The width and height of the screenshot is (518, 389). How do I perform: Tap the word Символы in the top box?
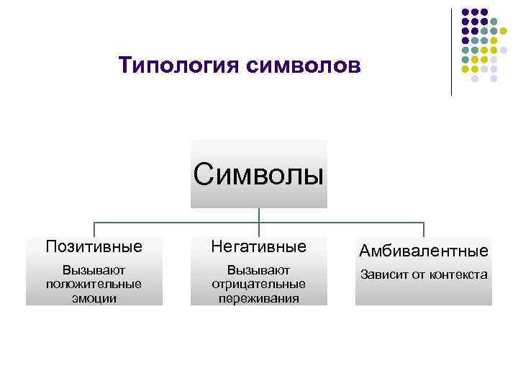point(258,174)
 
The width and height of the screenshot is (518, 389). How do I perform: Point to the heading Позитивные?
point(94,246)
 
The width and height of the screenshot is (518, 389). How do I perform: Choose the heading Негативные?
point(258,246)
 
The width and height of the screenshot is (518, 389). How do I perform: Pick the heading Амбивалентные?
point(424,251)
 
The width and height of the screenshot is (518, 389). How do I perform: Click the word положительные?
point(94,284)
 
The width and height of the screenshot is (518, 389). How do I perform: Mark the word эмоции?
point(94,298)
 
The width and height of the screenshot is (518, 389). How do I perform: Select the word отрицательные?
point(258,284)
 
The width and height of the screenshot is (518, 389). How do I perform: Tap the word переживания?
point(258,298)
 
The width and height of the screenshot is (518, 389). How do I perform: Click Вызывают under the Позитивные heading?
point(94,270)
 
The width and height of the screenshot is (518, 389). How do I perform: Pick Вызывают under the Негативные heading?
point(258,270)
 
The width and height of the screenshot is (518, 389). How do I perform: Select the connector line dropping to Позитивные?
point(94,228)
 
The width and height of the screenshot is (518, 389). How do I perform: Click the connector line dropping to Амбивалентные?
point(424,228)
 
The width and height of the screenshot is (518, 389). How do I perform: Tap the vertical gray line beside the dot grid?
point(451,50)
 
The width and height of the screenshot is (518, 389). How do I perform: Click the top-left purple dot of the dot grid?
point(465,12)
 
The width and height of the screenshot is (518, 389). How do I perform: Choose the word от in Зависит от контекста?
point(418,274)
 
